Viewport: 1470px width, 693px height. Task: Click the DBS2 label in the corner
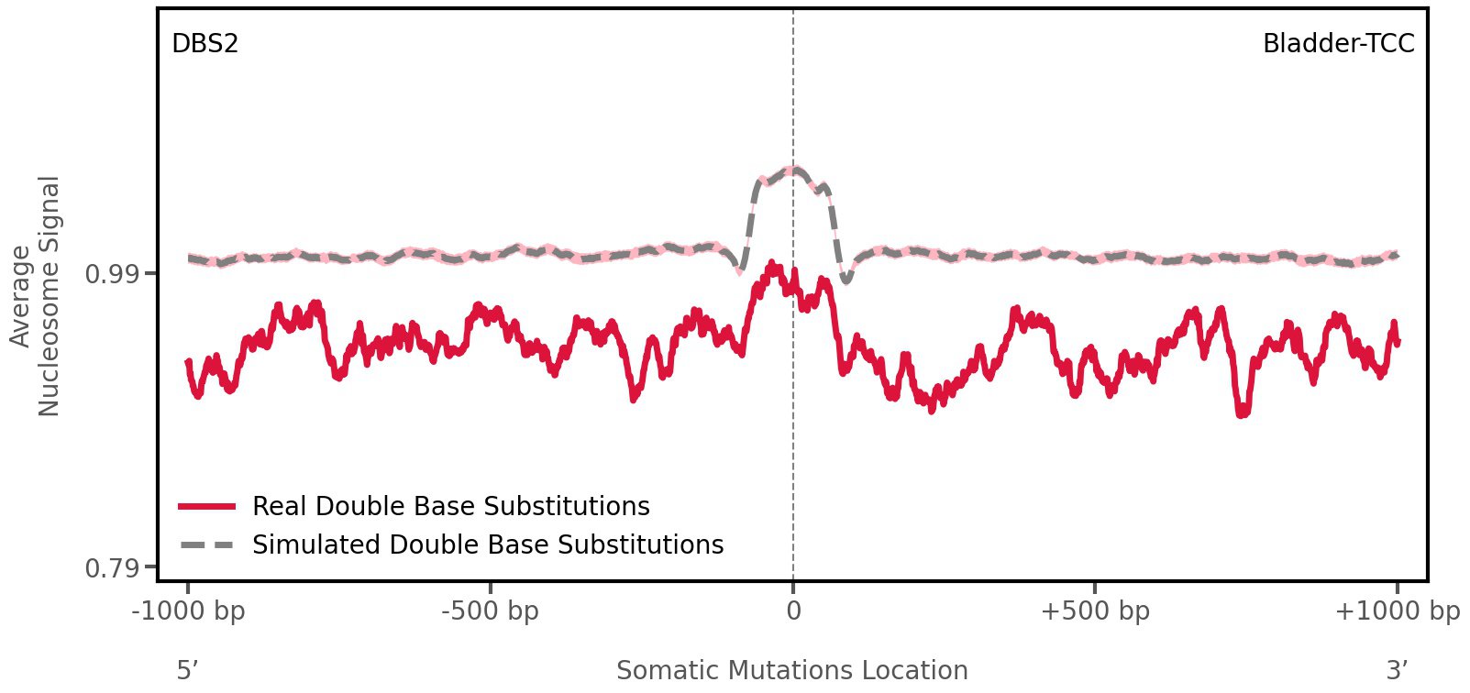tap(204, 43)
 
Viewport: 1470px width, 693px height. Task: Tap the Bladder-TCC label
tap(1338, 43)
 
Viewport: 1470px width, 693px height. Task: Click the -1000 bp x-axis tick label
tap(189, 610)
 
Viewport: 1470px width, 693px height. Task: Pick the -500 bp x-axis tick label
tap(490, 610)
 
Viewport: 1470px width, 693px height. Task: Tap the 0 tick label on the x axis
tap(793, 610)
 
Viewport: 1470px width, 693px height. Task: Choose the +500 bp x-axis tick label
tap(1095, 610)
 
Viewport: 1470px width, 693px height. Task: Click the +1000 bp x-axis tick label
tap(1397, 610)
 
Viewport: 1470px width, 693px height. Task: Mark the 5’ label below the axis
tap(188, 670)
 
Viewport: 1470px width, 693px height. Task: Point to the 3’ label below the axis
tap(1397, 670)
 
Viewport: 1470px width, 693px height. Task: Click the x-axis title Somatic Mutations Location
tap(791, 670)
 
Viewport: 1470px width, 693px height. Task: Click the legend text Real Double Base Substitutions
tap(450, 506)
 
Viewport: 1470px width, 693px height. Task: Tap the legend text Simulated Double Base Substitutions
tap(488, 544)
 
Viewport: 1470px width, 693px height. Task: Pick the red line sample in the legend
tap(207, 506)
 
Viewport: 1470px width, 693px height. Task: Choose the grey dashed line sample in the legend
tap(207, 544)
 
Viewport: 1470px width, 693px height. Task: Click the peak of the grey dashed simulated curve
tap(793, 170)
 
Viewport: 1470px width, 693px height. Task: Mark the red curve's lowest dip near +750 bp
tap(1242, 413)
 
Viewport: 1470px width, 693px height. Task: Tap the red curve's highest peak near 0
tap(773, 265)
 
